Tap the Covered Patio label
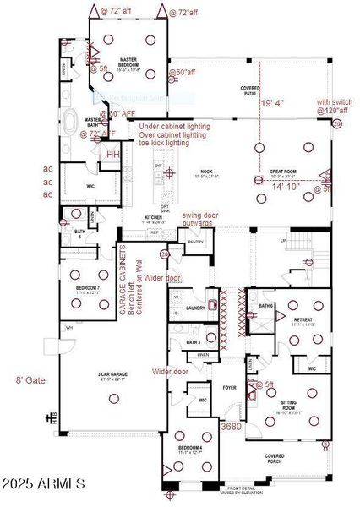249,90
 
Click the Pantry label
196,242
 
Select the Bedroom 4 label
189,449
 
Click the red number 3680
231,428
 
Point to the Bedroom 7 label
87,289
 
